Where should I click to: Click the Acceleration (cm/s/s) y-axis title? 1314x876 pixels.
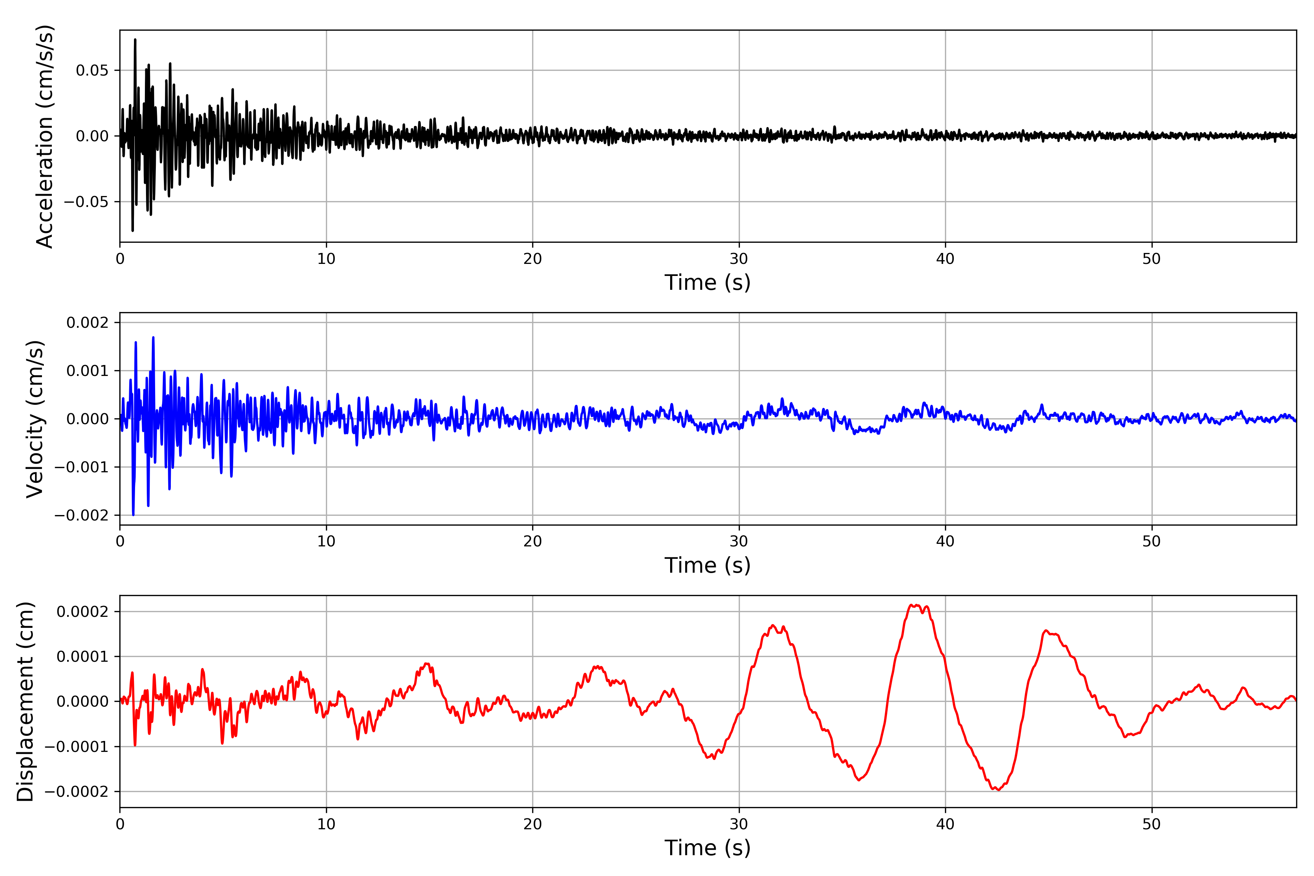coord(45,136)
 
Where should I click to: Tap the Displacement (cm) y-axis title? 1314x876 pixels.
coord(25,701)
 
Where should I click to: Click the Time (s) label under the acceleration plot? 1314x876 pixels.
coord(707,283)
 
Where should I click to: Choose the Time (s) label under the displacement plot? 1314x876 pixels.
coord(707,848)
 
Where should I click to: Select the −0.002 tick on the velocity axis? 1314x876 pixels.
coord(81,515)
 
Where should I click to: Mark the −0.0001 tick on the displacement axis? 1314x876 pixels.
coord(76,747)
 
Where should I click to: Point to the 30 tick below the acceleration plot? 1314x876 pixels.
coord(738,259)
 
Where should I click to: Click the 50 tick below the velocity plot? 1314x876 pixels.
coord(1152,541)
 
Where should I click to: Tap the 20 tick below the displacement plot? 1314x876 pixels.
coord(533,824)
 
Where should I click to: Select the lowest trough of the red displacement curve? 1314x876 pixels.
coord(998,790)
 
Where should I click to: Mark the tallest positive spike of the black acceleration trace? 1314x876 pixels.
coord(135,40)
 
